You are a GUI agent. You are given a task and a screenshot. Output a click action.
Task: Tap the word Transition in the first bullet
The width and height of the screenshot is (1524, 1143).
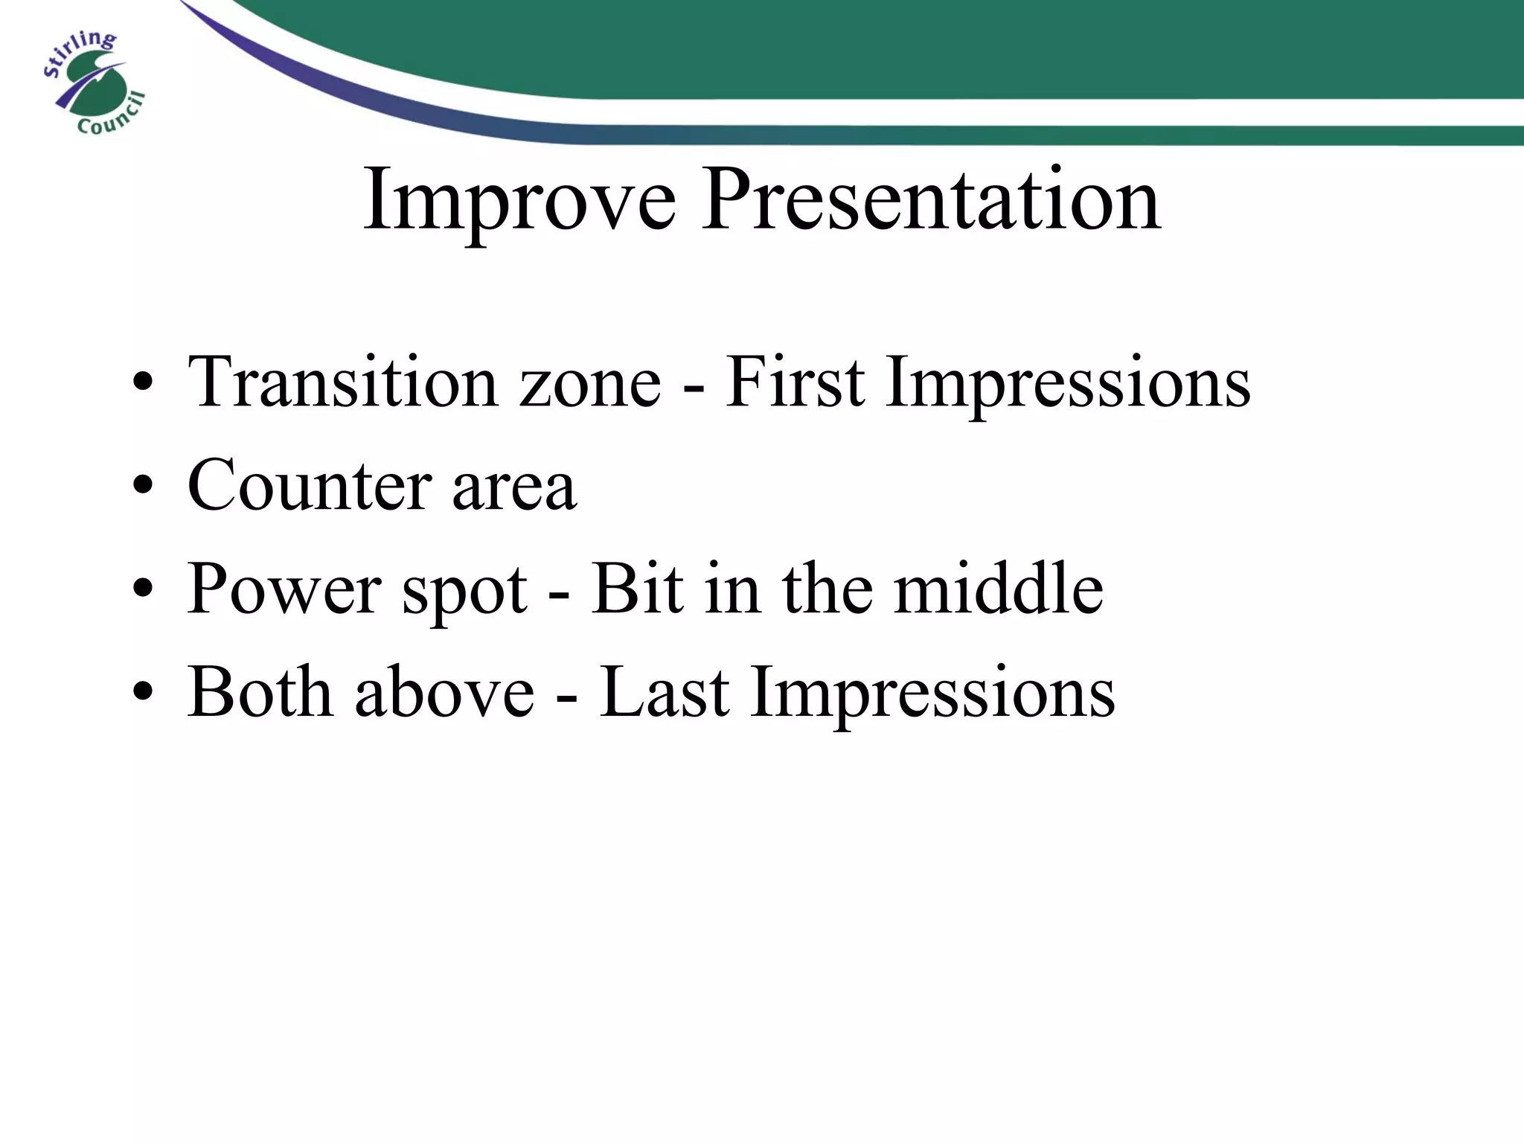[342, 382]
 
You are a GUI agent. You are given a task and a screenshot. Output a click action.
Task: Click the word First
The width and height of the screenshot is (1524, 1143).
[794, 382]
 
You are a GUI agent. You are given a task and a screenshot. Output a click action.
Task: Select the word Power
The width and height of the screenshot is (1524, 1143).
[284, 589]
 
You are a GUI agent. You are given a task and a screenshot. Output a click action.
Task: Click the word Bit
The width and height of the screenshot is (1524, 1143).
[637, 589]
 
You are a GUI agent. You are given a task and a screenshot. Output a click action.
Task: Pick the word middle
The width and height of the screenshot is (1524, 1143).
[998, 589]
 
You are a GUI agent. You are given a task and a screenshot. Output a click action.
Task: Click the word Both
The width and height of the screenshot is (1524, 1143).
[260, 692]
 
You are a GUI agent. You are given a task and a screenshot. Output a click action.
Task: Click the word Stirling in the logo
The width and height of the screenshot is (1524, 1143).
[79, 53]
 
